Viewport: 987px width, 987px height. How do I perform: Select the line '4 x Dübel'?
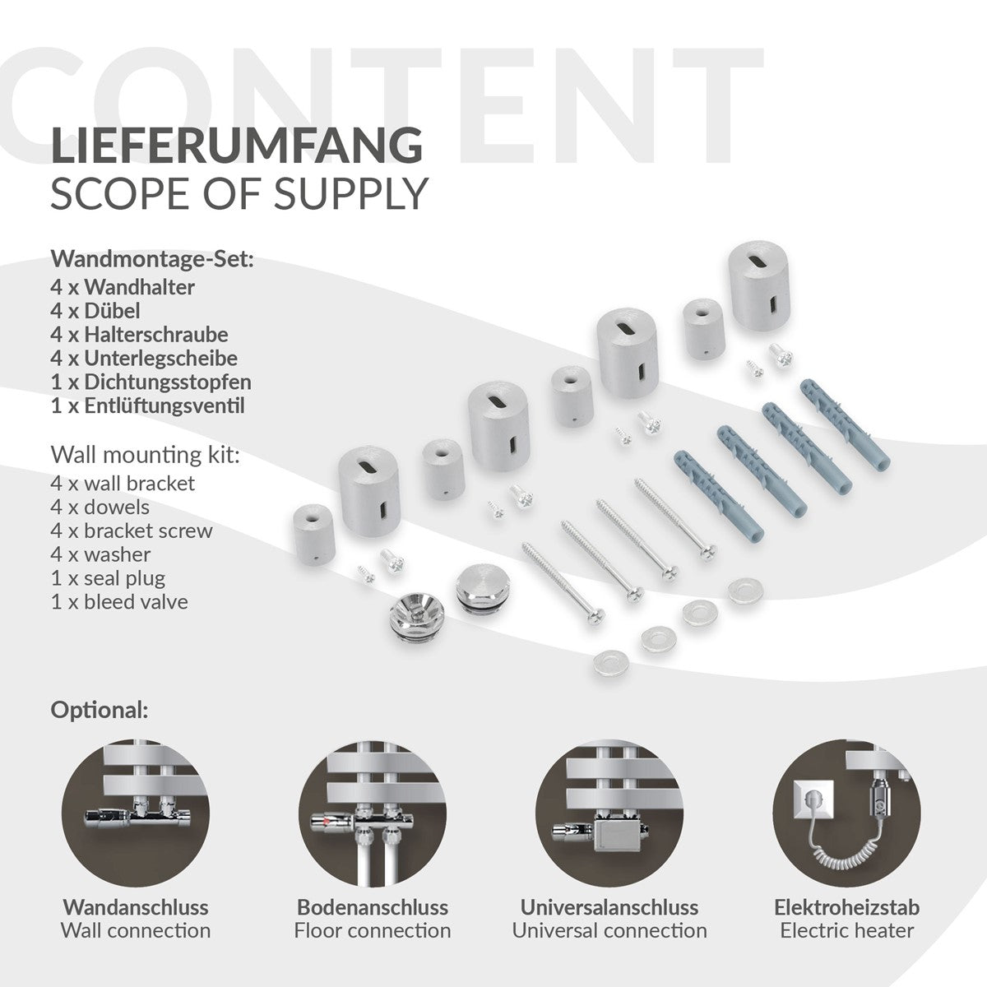pyautogui.click(x=95, y=310)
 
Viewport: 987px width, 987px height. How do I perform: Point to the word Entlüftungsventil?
pyautogui.click(x=164, y=405)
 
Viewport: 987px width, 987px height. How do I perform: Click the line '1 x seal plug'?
pyautogui.click(x=108, y=578)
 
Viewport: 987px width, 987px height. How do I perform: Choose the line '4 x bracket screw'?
pyautogui.click(x=132, y=531)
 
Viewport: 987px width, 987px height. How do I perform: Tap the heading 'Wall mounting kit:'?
pyautogui.click(x=145, y=455)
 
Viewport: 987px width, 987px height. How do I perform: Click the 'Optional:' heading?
pyautogui.click(x=100, y=711)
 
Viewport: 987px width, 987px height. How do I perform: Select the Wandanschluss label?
pyautogui.click(x=136, y=907)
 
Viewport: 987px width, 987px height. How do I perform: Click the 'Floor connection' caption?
pyautogui.click(x=373, y=930)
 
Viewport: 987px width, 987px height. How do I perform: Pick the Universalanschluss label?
pyautogui.click(x=609, y=907)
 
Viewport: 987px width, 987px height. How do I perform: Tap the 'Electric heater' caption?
pyautogui.click(x=846, y=930)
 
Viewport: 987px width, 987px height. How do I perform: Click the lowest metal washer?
pyautogui.click(x=610, y=662)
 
